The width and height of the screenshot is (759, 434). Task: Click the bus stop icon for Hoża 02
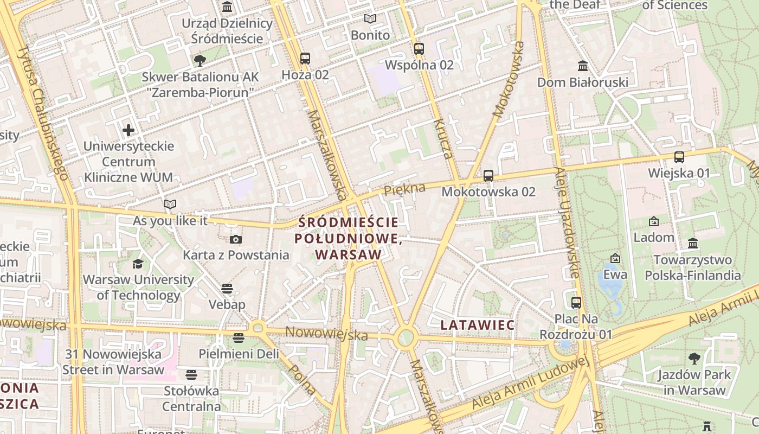coord(305,58)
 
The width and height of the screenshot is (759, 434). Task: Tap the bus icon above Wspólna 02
coord(419,48)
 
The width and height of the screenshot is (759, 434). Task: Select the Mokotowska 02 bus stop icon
coord(488,175)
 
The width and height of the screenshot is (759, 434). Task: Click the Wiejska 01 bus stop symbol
coord(679,157)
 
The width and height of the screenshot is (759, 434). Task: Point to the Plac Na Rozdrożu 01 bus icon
coord(576,302)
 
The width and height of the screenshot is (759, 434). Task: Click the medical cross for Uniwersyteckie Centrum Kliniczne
coord(128,130)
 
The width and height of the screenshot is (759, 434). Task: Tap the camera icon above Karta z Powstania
coord(236,239)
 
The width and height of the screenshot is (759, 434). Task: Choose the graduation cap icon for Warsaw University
coord(138,264)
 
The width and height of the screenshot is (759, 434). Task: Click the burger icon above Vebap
coord(227,288)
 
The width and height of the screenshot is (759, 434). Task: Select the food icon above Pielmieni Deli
coord(239,338)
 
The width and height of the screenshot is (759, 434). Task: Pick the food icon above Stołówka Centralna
coord(191,374)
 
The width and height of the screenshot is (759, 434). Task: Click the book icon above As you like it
coord(170,205)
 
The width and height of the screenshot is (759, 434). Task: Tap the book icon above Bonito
coord(370,19)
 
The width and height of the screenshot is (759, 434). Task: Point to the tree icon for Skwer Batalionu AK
coord(200,60)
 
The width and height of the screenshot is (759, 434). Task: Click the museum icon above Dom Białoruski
coord(583,66)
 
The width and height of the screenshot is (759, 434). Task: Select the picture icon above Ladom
coord(654,221)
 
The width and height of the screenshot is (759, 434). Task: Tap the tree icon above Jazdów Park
coord(694,358)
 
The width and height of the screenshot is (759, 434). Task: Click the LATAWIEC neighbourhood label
coord(478,325)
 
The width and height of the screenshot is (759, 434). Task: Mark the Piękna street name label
coord(404,189)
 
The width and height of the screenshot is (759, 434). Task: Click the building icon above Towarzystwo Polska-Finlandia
coord(693,243)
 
